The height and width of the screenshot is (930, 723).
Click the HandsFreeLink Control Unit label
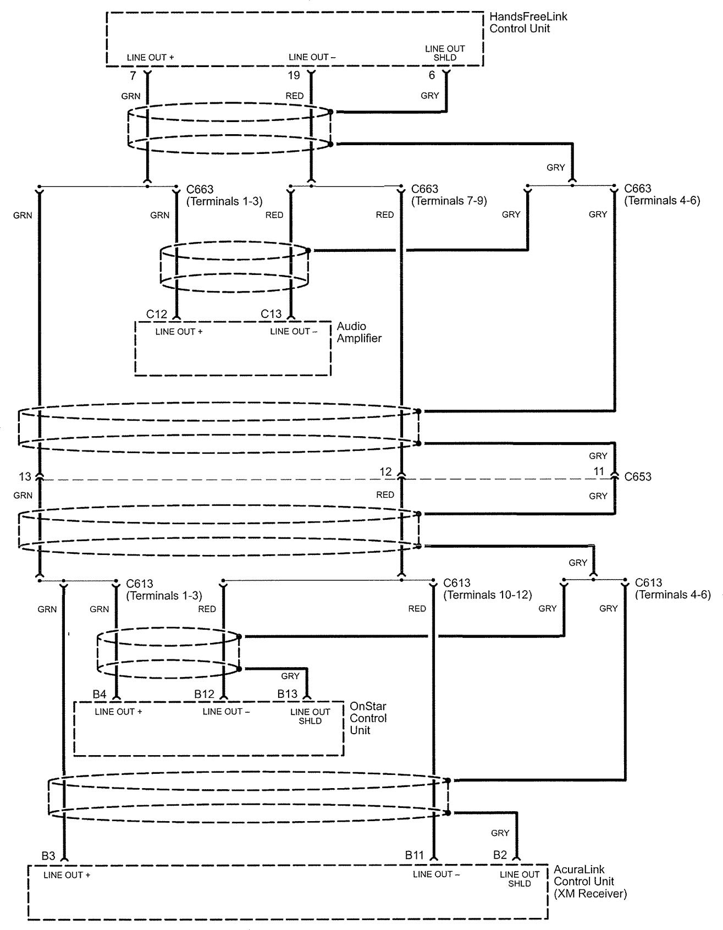(528, 23)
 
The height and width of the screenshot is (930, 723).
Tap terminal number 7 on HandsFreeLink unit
(133, 76)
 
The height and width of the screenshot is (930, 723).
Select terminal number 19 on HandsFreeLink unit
(294, 75)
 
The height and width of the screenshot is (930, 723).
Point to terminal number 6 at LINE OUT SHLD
(432, 75)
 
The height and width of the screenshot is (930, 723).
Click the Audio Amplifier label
(359, 332)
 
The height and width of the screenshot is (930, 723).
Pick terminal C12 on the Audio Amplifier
(157, 314)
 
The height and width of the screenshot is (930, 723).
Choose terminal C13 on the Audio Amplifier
(271, 314)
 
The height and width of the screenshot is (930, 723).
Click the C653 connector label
(638, 477)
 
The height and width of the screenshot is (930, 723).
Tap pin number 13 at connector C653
(25, 476)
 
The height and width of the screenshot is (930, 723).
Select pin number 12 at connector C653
(385, 472)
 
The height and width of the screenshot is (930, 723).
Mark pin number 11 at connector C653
(599, 471)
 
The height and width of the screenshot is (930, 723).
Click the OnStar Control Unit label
(368, 718)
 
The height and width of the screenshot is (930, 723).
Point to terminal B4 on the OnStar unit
(99, 694)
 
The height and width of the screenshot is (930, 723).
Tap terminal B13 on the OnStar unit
(287, 694)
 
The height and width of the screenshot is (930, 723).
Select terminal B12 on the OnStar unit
(204, 694)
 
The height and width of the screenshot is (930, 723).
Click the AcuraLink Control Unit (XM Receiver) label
(589, 881)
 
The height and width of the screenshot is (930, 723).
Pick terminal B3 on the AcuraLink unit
(48, 856)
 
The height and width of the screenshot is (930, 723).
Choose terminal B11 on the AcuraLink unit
(415, 855)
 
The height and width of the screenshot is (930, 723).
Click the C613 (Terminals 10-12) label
(487, 589)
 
